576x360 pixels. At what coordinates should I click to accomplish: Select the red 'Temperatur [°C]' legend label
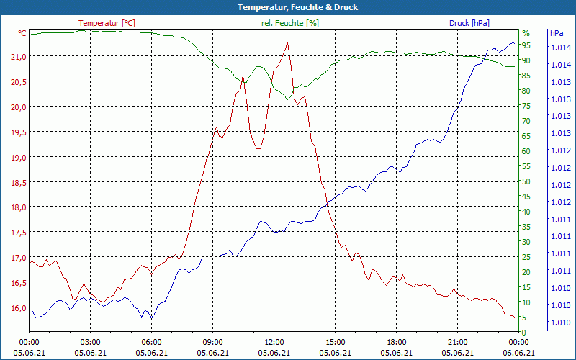coord(107,23)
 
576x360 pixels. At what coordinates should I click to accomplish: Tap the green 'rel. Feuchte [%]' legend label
coord(289,23)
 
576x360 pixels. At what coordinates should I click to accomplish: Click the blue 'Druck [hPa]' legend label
coord(469,23)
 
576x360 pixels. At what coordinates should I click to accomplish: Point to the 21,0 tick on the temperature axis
coord(19,56)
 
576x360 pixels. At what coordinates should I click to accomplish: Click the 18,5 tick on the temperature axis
coord(19,182)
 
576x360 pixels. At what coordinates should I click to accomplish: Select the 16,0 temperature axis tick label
coord(19,308)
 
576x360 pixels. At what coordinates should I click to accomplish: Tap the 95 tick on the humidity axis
coord(526,45)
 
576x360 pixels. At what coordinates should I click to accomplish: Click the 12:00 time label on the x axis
coord(274,342)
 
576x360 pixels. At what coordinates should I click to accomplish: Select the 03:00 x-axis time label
coord(90,342)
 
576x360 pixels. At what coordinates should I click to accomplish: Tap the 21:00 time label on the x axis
coord(457,342)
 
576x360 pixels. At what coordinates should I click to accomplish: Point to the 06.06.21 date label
coord(518,352)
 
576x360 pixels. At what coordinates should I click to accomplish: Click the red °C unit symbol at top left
coord(22,33)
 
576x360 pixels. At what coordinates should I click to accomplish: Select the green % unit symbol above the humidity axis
coord(526,33)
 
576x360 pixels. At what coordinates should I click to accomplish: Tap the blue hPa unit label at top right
coord(557,33)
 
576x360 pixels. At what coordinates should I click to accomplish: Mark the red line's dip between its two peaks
coord(258,148)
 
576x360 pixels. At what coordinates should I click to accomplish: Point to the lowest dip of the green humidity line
coord(288,99)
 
